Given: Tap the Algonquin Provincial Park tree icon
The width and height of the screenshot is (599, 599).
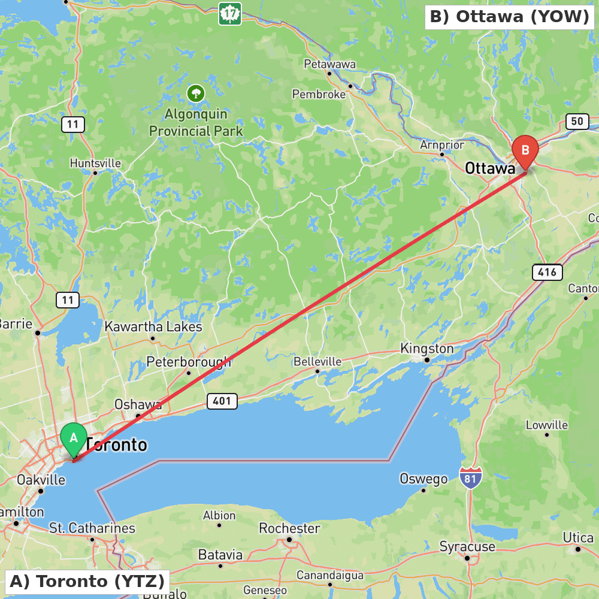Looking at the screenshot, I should [196, 93].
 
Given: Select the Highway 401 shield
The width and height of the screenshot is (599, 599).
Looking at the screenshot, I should [222, 401].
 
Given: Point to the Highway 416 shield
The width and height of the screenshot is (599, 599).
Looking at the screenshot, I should [547, 273].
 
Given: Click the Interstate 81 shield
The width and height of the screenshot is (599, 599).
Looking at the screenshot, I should [471, 478].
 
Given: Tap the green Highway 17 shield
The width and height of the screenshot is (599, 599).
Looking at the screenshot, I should [230, 14].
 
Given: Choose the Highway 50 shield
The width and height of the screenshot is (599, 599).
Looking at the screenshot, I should [577, 122].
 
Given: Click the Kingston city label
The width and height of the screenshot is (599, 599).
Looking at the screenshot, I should [427, 349].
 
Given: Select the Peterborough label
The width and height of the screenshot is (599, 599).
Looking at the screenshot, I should [189, 362].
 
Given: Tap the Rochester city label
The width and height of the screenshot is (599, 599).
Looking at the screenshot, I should [290, 528].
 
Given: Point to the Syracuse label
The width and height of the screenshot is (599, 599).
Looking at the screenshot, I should [467, 546].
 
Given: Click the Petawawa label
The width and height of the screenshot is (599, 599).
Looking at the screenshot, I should [329, 64].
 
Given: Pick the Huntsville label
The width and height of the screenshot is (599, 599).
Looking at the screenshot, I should [95, 163].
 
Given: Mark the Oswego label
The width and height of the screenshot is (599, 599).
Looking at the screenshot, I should [423, 479].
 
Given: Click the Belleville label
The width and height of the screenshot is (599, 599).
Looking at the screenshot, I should [317, 362].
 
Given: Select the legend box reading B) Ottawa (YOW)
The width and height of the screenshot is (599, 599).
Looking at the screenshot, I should [509, 17].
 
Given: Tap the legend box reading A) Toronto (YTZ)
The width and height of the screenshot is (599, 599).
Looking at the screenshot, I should [87, 581].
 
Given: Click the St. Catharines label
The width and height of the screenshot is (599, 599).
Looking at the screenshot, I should [92, 528].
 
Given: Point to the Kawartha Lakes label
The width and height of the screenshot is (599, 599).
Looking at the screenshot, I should [153, 327].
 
